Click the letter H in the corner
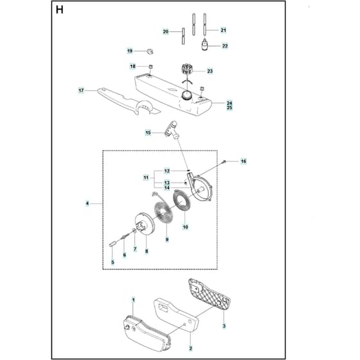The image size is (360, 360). pos(59,10)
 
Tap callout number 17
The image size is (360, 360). pos(81,91)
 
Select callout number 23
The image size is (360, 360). pos(210,71)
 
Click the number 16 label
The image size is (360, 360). pos(244,161)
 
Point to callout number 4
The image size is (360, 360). pos(87,203)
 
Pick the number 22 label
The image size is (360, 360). pos(225,46)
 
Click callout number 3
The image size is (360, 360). pos(224,325)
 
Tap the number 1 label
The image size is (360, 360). pos(133,300)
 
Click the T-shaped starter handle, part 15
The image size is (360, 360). pos(172,130)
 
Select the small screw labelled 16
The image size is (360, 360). pos(224,161)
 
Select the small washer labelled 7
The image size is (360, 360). pos(134,230)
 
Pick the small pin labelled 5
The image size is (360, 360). pos(111,244)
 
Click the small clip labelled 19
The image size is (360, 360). pos(150,51)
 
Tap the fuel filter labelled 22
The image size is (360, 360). pos(204,45)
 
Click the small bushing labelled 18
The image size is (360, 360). pos(150,67)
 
